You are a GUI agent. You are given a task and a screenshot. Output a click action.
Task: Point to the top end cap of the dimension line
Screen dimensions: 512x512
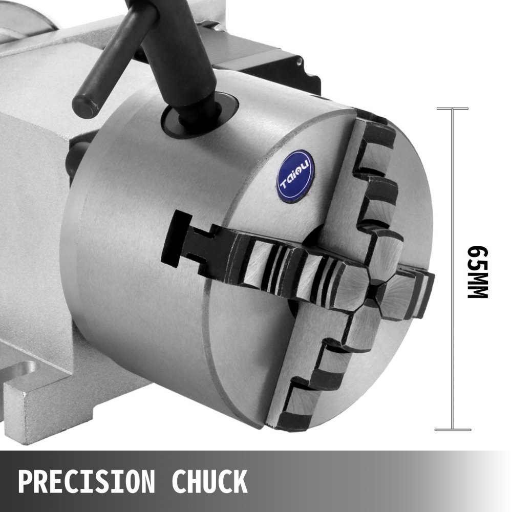click(x=452, y=109)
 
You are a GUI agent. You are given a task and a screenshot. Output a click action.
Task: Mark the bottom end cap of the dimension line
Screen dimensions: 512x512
click(x=452, y=430)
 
